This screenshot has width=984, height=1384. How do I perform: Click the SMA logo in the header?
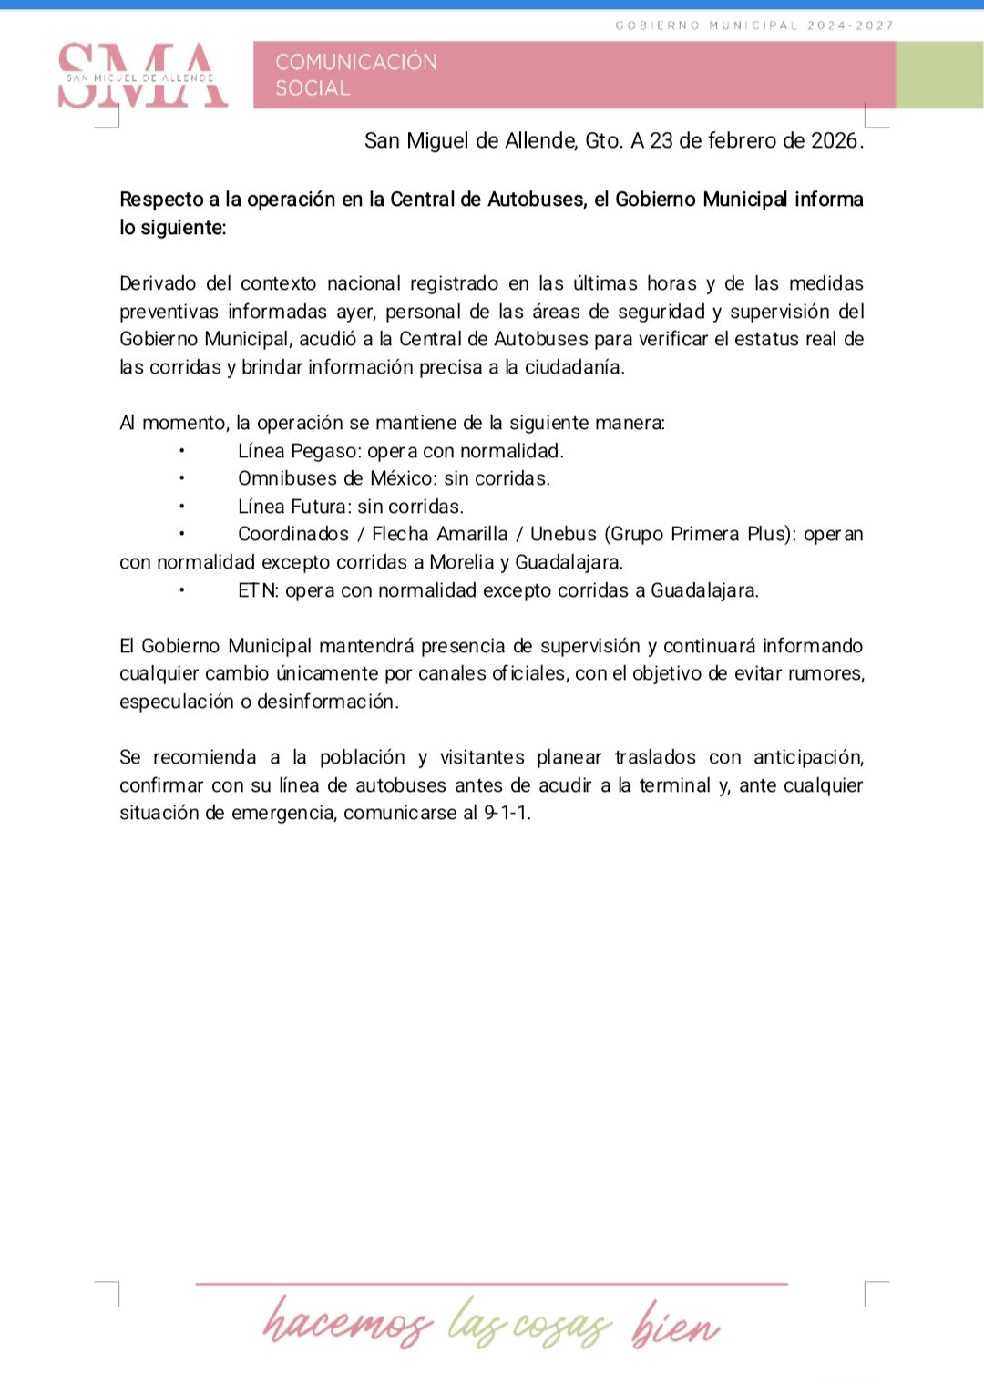pyautogui.click(x=143, y=77)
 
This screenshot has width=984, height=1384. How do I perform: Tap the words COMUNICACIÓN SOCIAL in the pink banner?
pyautogui.click(x=356, y=75)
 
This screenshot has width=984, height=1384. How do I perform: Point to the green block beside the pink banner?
pyautogui.click(x=939, y=75)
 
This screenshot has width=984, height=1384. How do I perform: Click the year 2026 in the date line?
pyautogui.click(x=835, y=140)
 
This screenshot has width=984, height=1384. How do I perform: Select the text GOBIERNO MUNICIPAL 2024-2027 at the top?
pyautogui.click(x=754, y=26)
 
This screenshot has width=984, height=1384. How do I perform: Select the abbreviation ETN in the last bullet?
pyautogui.click(x=258, y=590)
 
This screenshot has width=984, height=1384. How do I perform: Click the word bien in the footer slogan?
pyautogui.click(x=676, y=1325)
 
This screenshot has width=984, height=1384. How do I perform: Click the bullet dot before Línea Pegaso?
pyautogui.click(x=182, y=451)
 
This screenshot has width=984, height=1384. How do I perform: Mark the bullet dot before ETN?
pyautogui.click(x=182, y=590)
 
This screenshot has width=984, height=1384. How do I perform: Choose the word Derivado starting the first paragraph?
pyautogui.click(x=159, y=283)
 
